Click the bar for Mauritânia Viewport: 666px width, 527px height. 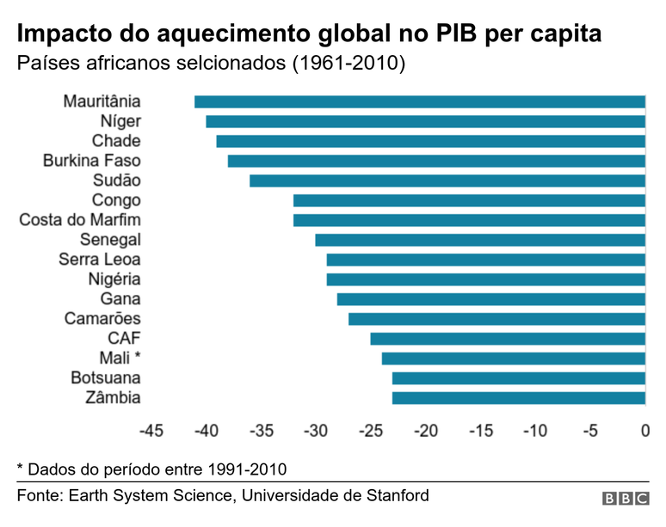click(x=420, y=101)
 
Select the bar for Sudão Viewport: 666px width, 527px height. click(x=447, y=181)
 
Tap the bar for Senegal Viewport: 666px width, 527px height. click(x=480, y=240)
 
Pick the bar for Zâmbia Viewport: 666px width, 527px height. click(x=519, y=398)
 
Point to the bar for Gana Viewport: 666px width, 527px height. click(x=491, y=299)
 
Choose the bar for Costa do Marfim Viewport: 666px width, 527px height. click(x=469, y=220)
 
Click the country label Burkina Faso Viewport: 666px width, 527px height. click(x=92, y=161)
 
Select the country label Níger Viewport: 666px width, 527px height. click(x=120, y=121)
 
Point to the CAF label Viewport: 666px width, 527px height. click(x=124, y=339)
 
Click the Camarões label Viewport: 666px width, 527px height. click(x=102, y=319)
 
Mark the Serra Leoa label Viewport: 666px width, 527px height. click(x=100, y=260)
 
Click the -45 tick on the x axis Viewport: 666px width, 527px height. click(x=151, y=430)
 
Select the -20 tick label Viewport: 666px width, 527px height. click(x=426, y=430)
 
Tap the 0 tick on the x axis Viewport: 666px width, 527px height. click(x=645, y=430)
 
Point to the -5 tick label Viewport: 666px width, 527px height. click(x=590, y=430)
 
